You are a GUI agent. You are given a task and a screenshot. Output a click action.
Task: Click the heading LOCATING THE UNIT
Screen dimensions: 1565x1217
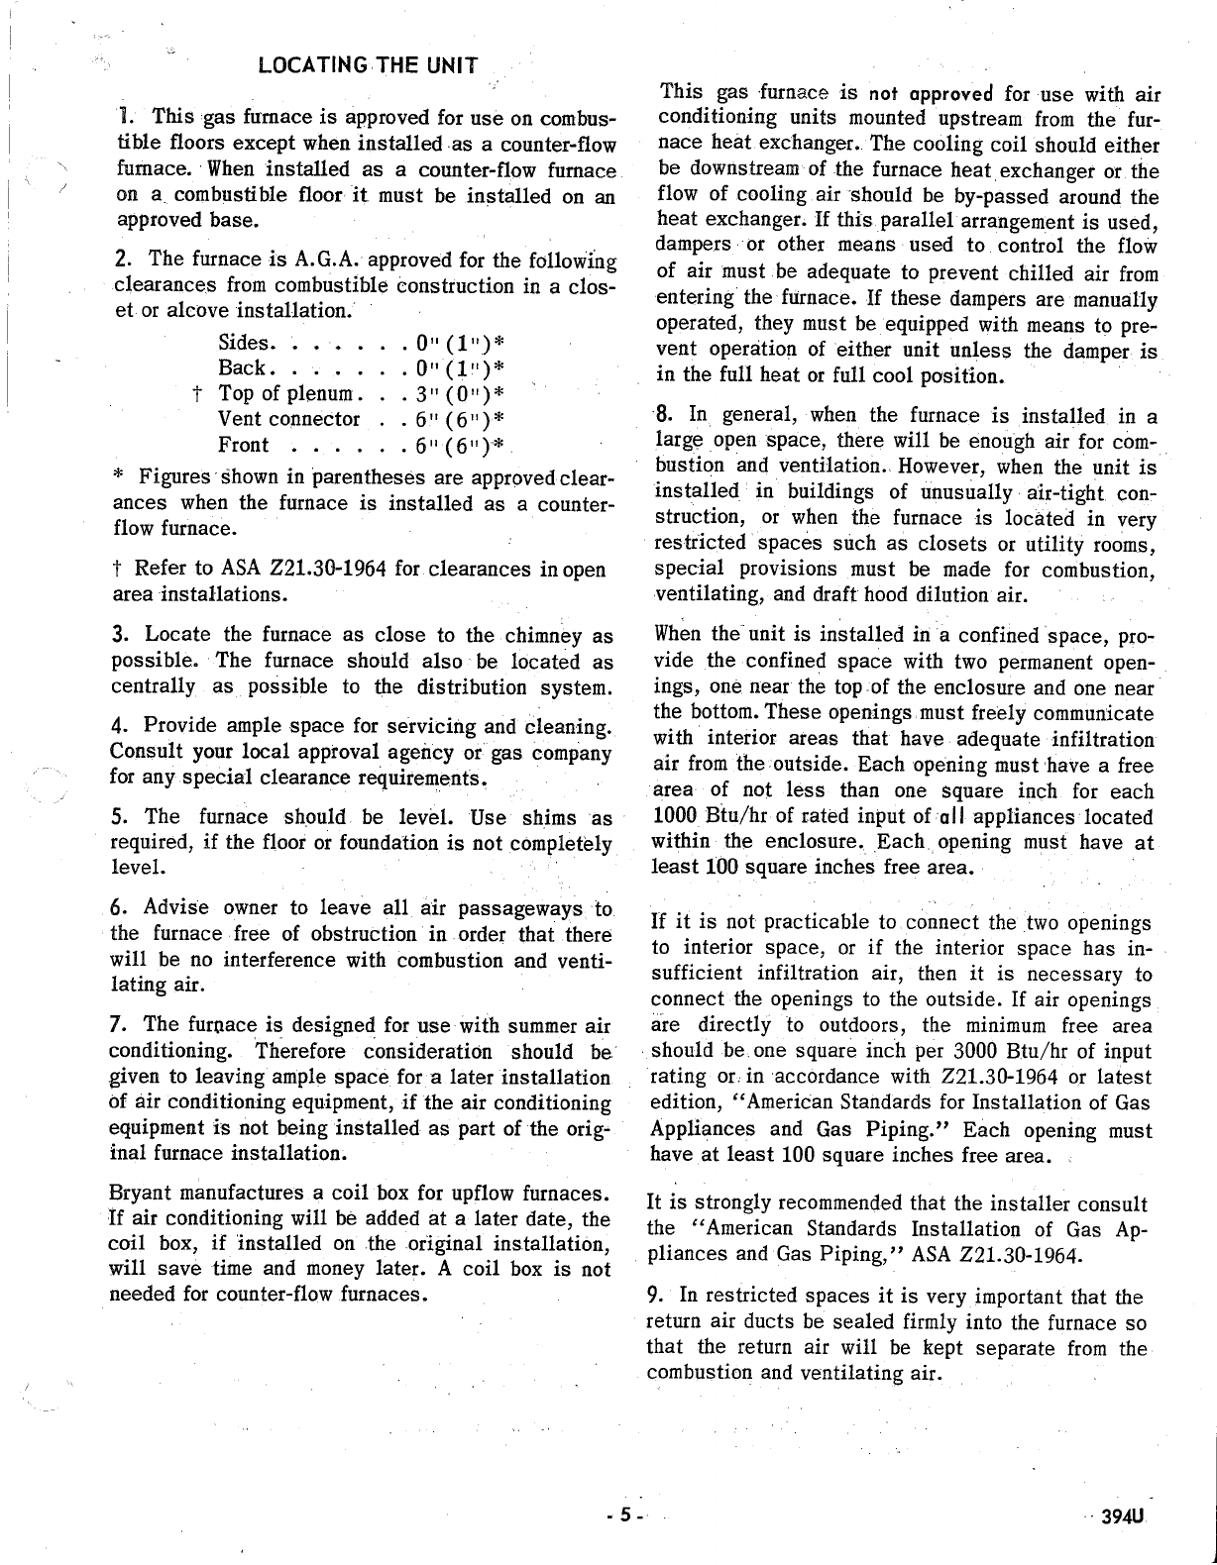pos(368,66)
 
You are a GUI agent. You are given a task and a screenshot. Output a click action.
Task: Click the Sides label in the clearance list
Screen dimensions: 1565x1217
pos(244,343)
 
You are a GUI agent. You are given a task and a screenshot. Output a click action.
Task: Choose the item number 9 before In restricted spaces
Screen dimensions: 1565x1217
pos(653,1297)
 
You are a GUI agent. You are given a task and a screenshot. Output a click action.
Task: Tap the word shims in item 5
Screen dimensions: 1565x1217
pos(544,817)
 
